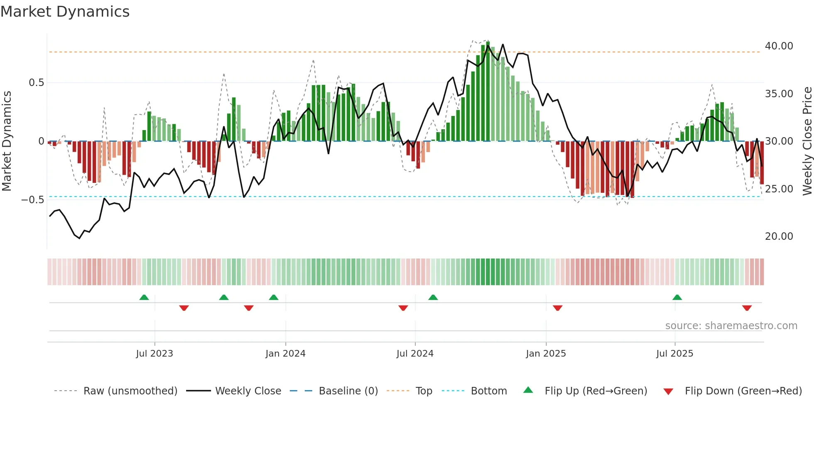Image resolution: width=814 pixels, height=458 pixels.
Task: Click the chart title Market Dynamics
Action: pos(65,12)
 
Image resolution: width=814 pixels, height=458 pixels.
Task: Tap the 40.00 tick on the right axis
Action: pos(779,46)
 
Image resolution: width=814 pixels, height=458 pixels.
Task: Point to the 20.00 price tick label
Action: pos(779,236)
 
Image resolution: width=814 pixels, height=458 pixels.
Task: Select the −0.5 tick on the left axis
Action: pos(33,200)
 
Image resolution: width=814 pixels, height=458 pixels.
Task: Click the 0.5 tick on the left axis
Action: pos(36,83)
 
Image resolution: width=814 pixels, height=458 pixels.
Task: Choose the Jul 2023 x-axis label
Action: pos(154,354)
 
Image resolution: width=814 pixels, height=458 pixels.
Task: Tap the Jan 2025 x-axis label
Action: pos(546,354)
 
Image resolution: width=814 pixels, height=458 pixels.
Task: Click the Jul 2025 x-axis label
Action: pos(674,354)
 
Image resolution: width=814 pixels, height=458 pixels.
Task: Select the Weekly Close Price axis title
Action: pos(807,141)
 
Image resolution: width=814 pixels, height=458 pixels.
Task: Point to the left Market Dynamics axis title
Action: pos(7,141)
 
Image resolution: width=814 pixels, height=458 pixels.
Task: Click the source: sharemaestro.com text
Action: pos(731,326)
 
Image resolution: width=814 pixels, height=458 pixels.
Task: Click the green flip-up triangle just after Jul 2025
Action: pos(677,297)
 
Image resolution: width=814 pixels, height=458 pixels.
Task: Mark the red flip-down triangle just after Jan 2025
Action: pos(557,308)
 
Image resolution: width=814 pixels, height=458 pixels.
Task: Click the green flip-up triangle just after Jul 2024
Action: pos(433,297)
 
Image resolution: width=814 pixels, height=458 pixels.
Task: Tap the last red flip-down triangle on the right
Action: pos(747,308)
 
